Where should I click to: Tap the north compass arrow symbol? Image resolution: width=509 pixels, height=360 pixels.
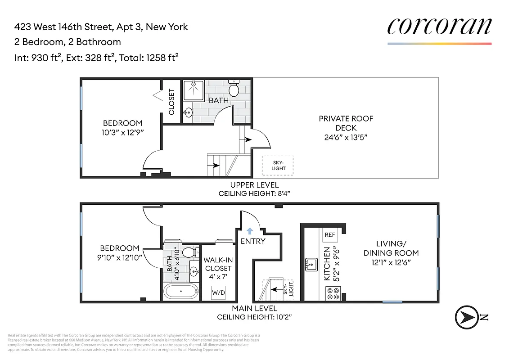pyautogui.click(x=466, y=317)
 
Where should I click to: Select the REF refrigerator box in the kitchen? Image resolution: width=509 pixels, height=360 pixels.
pyautogui.click(x=329, y=235)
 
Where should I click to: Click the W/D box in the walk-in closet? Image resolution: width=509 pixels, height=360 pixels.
pyautogui.click(x=219, y=292)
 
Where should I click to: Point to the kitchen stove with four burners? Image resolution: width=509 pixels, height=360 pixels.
pyautogui.click(x=333, y=293)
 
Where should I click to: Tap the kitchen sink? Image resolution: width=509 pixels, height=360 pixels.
pyautogui.click(x=311, y=265)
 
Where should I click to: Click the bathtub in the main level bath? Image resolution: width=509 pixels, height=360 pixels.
pyautogui.click(x=180, y=291)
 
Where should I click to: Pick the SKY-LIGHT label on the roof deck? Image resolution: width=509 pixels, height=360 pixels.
pyautogui.click(x=278, y=166)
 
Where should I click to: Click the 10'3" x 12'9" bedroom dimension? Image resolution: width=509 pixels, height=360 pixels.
pyautogui.click(x=123, y=132)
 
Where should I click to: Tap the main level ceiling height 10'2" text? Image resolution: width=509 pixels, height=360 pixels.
pyautogui.click(x=255, y=317)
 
